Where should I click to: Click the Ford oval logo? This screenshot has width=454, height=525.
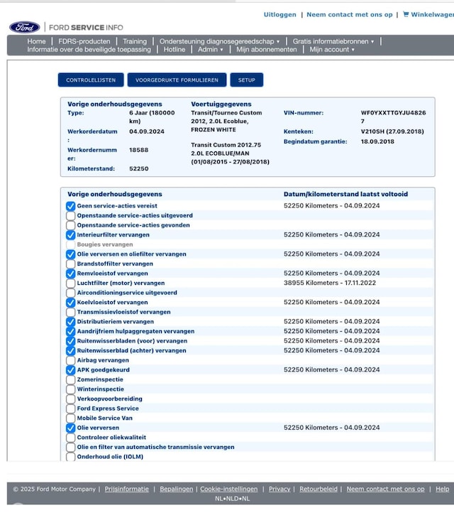click(24, 27)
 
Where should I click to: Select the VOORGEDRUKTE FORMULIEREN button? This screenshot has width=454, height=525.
click(177, 80)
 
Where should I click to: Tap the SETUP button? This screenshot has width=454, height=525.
click(246, 80)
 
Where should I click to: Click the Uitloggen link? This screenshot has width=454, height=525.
click(279, 14)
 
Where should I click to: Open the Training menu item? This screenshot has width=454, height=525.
click(134, 41)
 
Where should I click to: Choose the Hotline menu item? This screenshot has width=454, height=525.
click(174, 50)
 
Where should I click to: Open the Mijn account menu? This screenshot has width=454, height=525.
click(332, 50)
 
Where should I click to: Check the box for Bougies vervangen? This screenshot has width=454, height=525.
click(71, 244)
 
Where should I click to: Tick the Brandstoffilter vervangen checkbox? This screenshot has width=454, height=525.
click(71, 264)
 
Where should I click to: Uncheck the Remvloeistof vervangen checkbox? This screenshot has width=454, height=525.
click(71, 274)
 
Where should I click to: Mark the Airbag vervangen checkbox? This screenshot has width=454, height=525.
click(71, 360)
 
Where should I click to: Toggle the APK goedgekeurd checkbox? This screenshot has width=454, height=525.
click(71, 370)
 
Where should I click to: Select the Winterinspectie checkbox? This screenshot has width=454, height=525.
click(71, 389)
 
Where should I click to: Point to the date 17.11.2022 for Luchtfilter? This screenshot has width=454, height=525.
click(362, 283)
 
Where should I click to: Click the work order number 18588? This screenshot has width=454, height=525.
click(138, 150)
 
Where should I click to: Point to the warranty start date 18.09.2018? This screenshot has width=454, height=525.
click(377, 141)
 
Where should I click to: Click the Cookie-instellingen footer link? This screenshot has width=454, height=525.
click(228, 489)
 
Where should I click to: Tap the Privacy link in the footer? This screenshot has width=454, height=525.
click(279, 489)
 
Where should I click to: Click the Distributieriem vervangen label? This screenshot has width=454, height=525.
click(115, 321)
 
